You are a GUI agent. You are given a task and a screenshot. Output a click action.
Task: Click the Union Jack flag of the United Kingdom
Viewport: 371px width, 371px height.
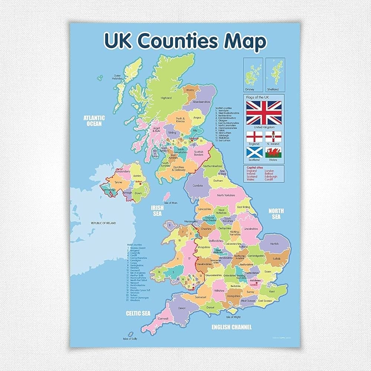(264, 112)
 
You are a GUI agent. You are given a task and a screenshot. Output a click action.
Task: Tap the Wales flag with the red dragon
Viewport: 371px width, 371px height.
(273, 152)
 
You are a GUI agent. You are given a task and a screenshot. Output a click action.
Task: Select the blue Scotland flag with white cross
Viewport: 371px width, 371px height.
(254, 152)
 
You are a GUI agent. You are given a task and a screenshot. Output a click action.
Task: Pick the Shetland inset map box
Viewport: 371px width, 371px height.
(275, 74)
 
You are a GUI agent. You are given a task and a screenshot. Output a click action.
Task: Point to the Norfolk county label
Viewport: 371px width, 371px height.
(274, 244)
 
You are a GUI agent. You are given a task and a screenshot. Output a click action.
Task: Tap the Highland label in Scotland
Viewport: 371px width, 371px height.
(166, 98)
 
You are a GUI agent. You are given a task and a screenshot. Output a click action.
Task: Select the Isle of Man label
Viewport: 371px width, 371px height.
(171, 203)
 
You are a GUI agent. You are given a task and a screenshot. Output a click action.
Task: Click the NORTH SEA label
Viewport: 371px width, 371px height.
(276, 214)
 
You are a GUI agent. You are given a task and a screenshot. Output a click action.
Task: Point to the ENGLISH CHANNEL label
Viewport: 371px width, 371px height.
(232, 327)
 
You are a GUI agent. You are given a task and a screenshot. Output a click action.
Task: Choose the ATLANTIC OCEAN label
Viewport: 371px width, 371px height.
(94, 121)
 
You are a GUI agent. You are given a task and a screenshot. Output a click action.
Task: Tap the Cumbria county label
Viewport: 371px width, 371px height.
(198, 185)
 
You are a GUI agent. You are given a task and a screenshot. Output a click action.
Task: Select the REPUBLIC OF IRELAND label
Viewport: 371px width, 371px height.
(104, 223)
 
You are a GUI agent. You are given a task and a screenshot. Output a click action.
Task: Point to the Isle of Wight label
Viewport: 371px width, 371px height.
(233, 317)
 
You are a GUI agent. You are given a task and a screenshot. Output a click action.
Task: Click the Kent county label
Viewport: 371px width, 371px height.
(272, 292)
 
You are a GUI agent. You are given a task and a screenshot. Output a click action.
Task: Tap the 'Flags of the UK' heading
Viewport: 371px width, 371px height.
(257, 97)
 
